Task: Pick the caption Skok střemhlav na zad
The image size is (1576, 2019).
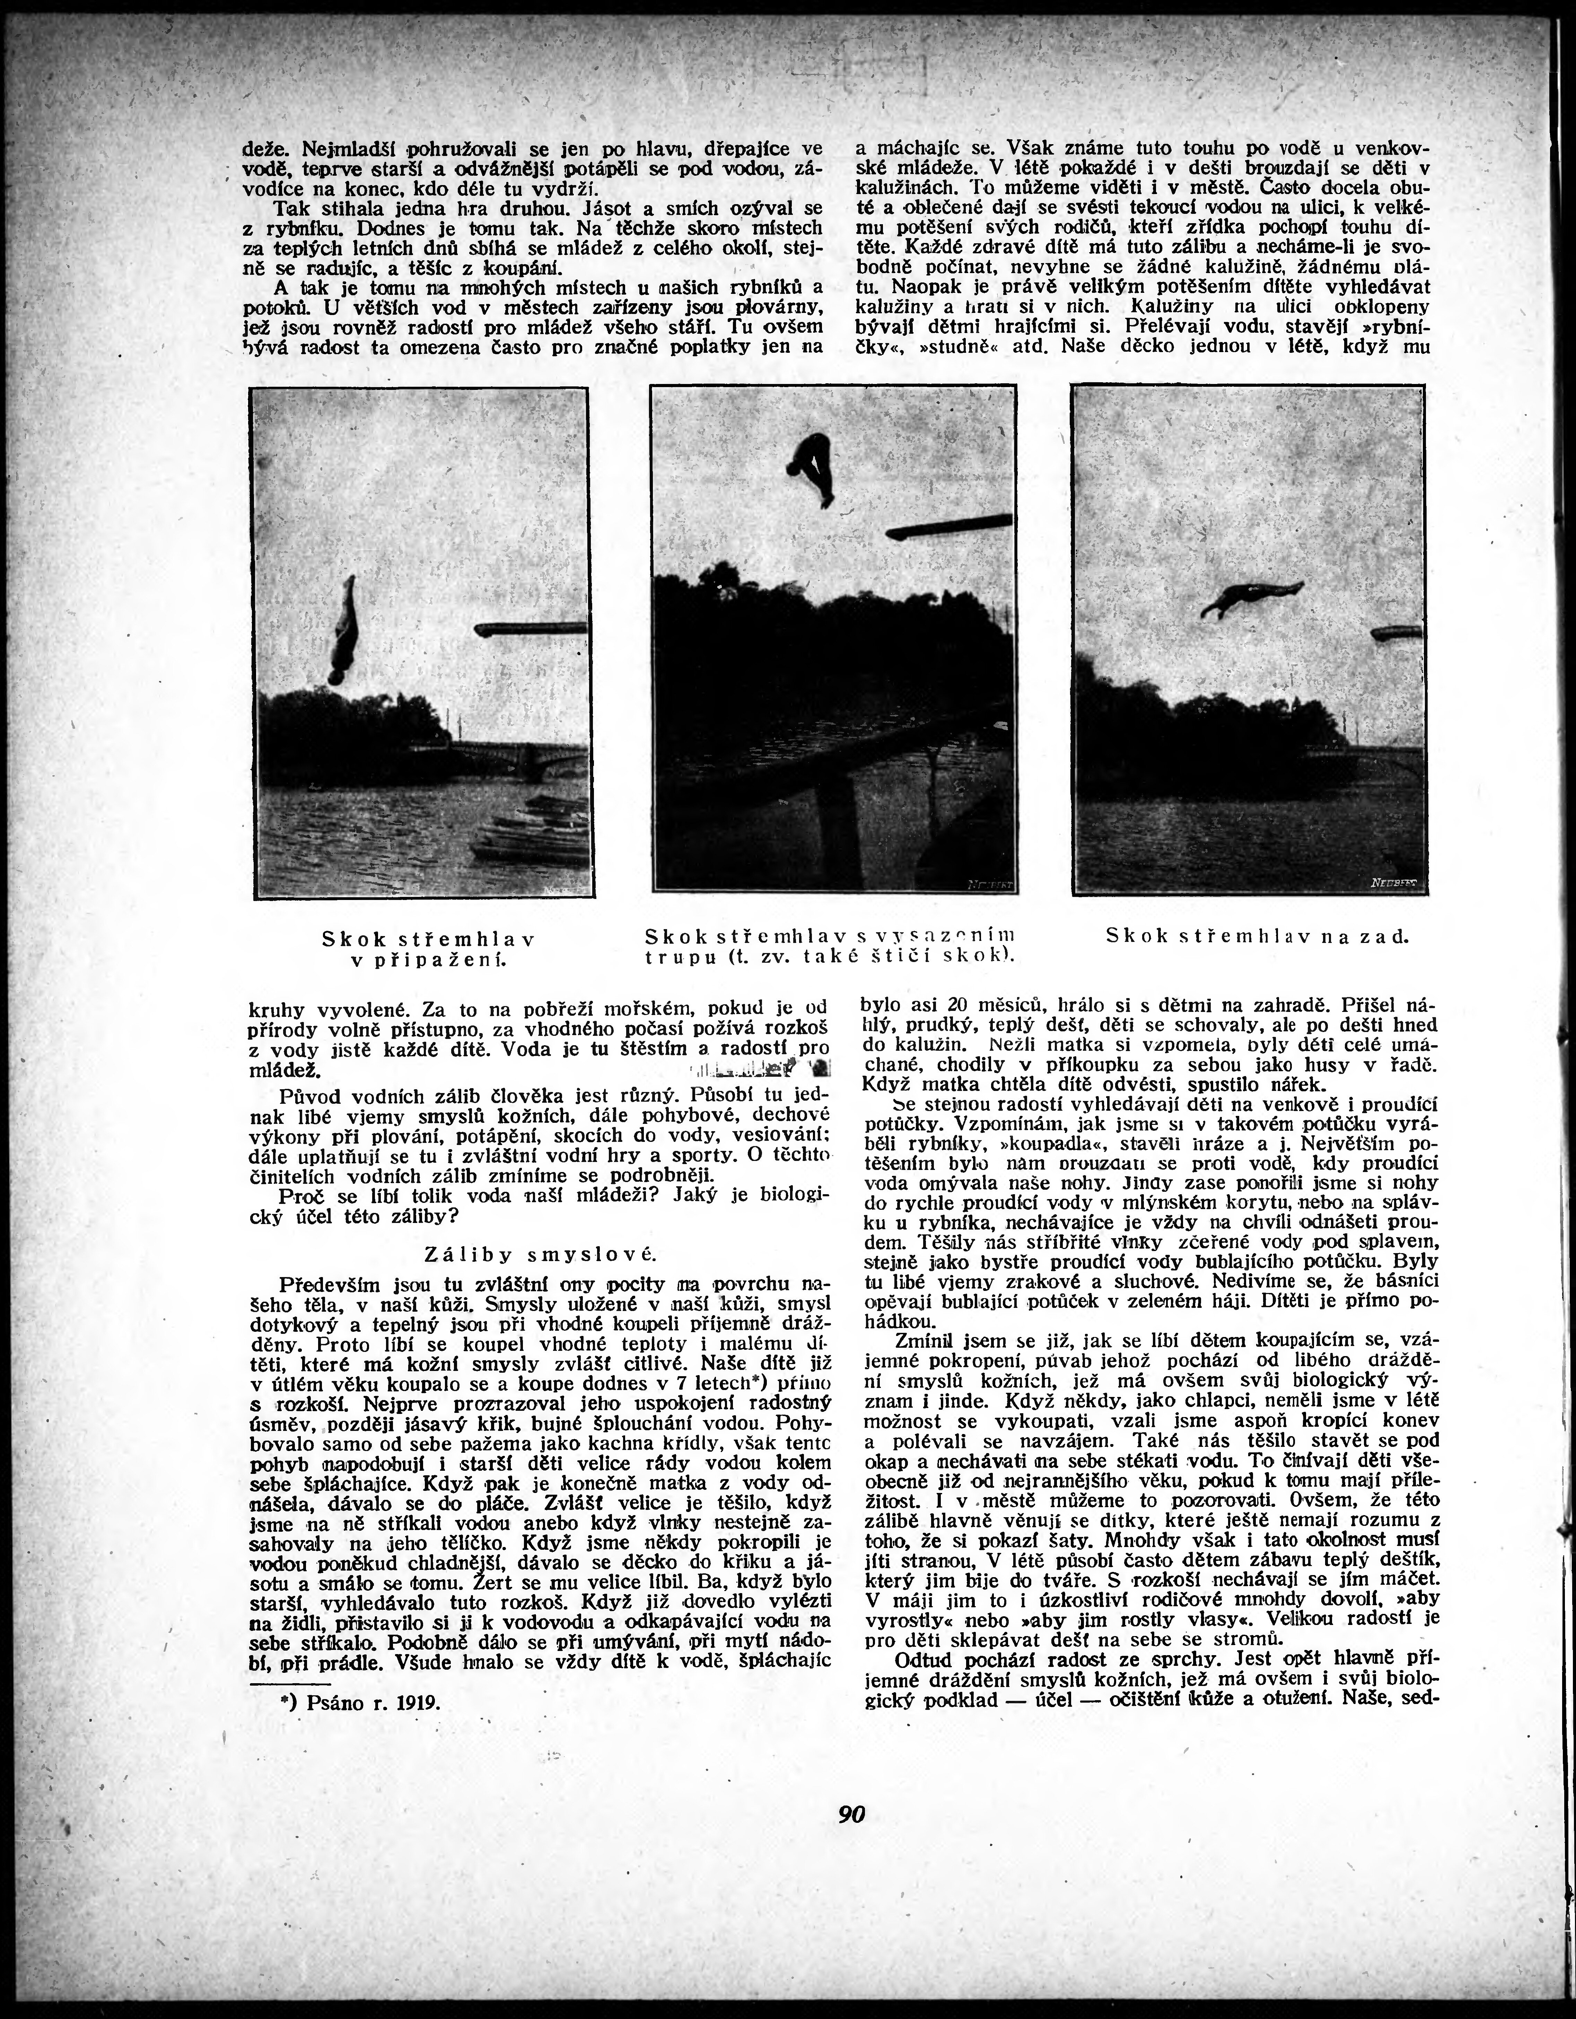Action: pyautogui.click(x=1257, y=936)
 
